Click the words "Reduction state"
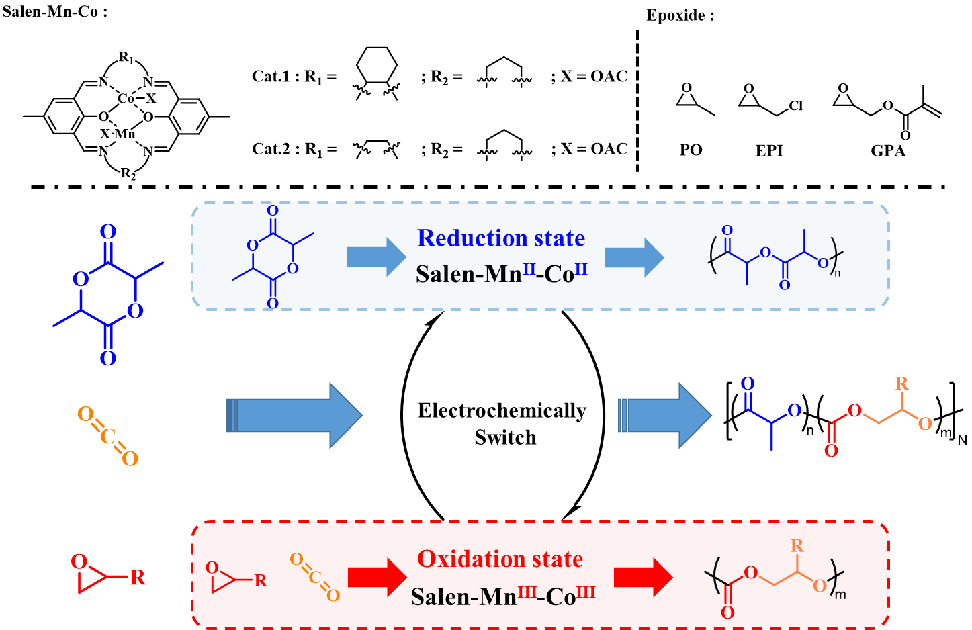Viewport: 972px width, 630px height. pyautogui.click(x=500, y=238)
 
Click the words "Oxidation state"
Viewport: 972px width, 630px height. pyautogui.click(x=500, y=559)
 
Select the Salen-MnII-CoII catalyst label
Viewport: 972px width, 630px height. pyautogui.click(x=501, y=273)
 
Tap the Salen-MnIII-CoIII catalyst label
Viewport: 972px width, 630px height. pyautogui.click(x=502, y=596)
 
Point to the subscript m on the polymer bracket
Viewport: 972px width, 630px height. pyautogui.click(x=840, y=594)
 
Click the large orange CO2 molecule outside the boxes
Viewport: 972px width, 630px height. pyautogui.click(x=108, y=437)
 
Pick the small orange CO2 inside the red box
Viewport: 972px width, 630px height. pyautogui.click(x=315, y=577)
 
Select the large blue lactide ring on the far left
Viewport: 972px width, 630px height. pyautogui.click(x=108, y=295)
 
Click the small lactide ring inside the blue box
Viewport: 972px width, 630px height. pyautogui.click(x=273, y=257)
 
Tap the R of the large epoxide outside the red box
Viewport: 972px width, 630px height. pyautogui.click(x=137, y=578)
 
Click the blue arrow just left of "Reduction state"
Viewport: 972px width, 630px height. pyautogui.click(x=375, y=257)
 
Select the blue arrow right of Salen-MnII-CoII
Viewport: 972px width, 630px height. pyautogui.click(x=633, y=257)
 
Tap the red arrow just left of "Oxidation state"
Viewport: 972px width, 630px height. pyautogui.click(x=377, y=576)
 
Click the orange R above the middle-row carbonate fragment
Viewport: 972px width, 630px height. pyautogui.click(x=901, y=384)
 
